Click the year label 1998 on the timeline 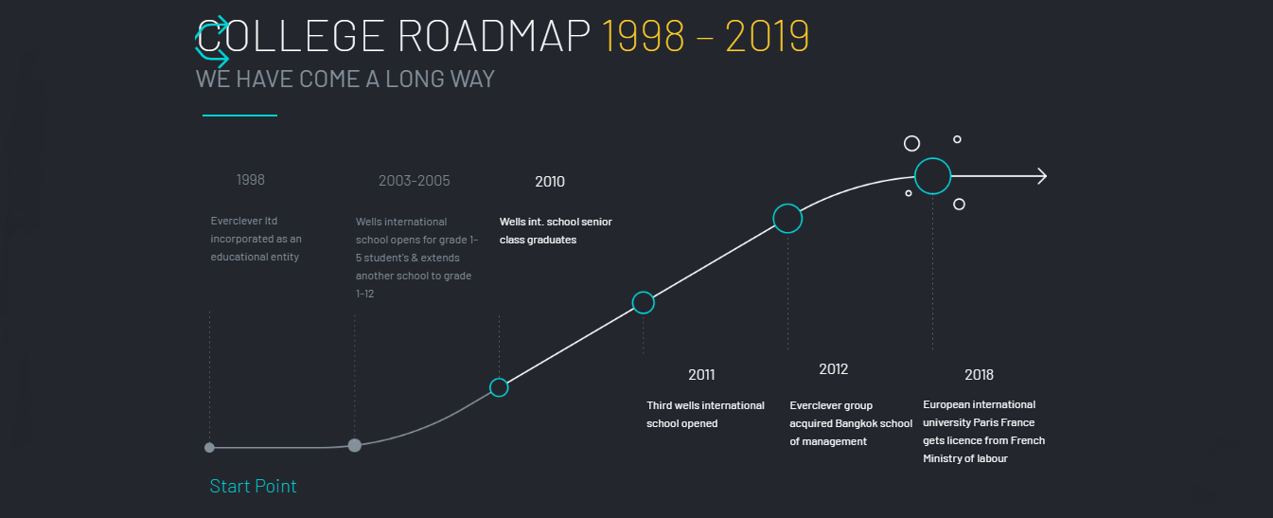251,180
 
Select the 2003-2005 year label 415,181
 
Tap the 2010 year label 550,182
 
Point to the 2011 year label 701,375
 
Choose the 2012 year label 833,369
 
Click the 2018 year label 979,375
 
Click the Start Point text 253,486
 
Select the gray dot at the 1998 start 209,448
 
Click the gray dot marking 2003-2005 354,445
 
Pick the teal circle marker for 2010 499,378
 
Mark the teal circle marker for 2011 644,292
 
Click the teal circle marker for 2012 787,205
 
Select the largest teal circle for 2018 932,158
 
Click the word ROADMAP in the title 494,36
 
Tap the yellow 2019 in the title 767,36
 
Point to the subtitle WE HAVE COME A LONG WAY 345,79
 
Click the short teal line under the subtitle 239,116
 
